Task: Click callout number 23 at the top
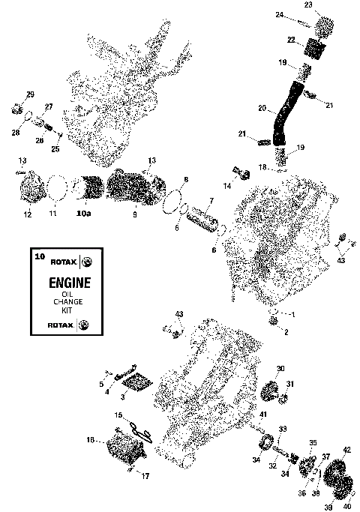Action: click(308, 5)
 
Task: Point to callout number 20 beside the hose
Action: click(261, 108)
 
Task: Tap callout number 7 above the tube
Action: click(211, 200)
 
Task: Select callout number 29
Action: click(31, 94)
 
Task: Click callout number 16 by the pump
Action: click(91, 440)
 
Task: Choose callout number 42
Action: click(346, 450)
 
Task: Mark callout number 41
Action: click(262, 414)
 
